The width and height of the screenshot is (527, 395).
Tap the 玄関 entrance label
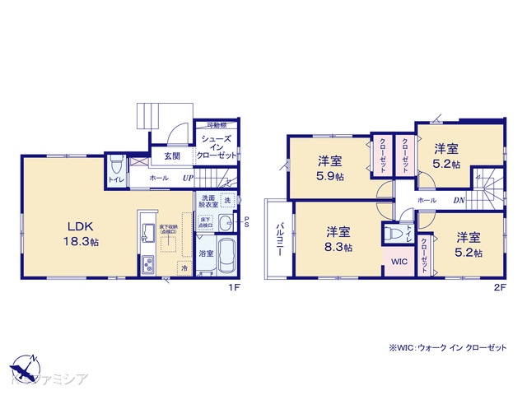click(x=171, y=156)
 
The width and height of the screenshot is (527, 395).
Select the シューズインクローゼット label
click(x=219, y=147)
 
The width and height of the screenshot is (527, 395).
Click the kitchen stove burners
click(x=149, y=266)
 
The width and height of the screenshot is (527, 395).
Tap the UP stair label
click(x=189, y=177)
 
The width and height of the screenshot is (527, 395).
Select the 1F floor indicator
click(x=234, y=286)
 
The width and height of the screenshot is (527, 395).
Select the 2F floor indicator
click(x=498, y=286)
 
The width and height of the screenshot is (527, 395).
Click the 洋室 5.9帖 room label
click(x=329, y=169)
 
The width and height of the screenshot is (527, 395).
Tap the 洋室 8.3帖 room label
click(x=339, y=239)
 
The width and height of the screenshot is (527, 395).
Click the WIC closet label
click(x=399, y=263)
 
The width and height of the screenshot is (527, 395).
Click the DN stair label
click(x=459, y=200)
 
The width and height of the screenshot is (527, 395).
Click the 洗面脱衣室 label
click(x=207, y=203)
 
